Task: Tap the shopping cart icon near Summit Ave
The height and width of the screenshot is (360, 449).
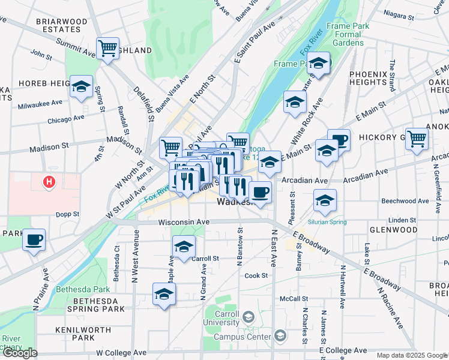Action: coord(107,48)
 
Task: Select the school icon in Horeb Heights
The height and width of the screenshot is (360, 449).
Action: coord(80,86)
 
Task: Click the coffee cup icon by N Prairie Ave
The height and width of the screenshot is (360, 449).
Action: coord(34,240)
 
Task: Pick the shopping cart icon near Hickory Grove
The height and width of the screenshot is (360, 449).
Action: coord(417,138)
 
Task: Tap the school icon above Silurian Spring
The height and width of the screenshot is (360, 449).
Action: coord(325,200)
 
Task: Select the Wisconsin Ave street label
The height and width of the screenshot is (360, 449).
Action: coord(184,222)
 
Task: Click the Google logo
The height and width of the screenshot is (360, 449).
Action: coord(20,353)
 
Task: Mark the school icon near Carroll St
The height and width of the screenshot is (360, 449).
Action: coord(184,245)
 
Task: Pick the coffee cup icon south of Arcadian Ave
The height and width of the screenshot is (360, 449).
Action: coord(260,192)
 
